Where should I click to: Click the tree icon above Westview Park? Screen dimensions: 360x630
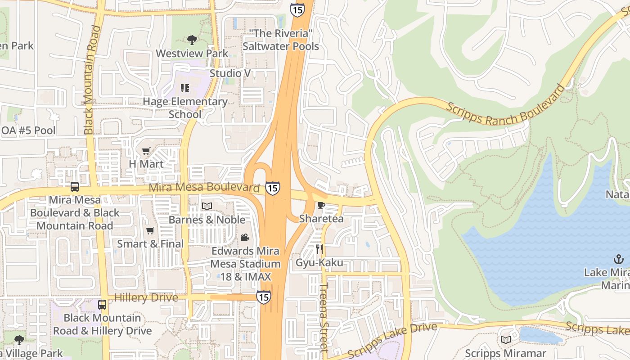pyautogui.click(x=192, y=40)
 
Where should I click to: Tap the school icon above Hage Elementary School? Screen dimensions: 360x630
pyautogui.click(x=184, y=88)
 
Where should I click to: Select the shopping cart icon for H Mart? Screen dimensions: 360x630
pyautogui.click(x=146, y=151)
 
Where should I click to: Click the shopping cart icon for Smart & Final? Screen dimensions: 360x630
pyautogui.click(x=150, y=231)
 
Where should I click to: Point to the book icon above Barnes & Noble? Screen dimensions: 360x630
pyautogui.click(x=207, y=206)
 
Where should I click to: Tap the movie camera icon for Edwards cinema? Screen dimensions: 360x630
pyautogui.click(x=245, y=237)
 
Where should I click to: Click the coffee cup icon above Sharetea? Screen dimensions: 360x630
pyautogui.click(x=321, y=206)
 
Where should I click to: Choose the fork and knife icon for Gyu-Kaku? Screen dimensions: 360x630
pyautogui.click(x=320, y=249)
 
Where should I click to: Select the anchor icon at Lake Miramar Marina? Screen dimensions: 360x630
pyautogui.click(x=619, y=259)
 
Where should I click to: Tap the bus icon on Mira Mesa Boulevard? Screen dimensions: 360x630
pyautogui.click(x=75, y=186)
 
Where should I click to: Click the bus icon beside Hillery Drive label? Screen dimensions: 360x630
pyautogui.click(x=102, y=305)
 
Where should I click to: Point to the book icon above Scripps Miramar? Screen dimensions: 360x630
pyautogui.click(x=505, y=340)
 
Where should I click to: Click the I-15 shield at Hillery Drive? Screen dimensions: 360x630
pyautogui.click(x=264, y=297)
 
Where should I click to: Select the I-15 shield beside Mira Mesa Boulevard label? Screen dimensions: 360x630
pyautogui.click(x=272, y=188)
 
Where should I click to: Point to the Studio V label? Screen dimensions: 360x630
pyautogui.click(x=230, y=73)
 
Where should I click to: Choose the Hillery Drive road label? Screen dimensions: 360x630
pyautogui.click(x=146, y=297)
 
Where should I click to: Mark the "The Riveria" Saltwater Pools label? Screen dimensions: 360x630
pyautogui.click(x=281, y=40)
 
